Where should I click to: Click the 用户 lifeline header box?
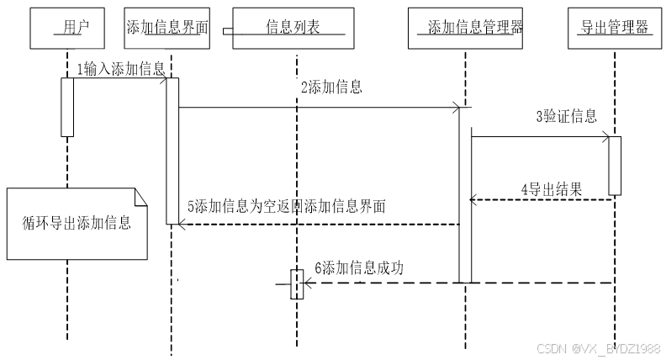pyautogui.click(x=66, y=28)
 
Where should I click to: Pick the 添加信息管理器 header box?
pyautogui.click(x=468, y=28)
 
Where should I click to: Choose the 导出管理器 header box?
pyautogui.click(x=615, y=28)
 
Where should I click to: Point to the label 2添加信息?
pyautogui.click(x=332, y=87)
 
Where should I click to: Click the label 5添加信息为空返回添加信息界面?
pyautogui.click(x=285, y=207)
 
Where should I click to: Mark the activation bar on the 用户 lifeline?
pyautogui.click(x=66, y=106)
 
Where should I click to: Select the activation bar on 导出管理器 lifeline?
pyautogui.click(x=615, y=166)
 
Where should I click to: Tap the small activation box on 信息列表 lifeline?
pyautogui.click(x=296, y=283)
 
